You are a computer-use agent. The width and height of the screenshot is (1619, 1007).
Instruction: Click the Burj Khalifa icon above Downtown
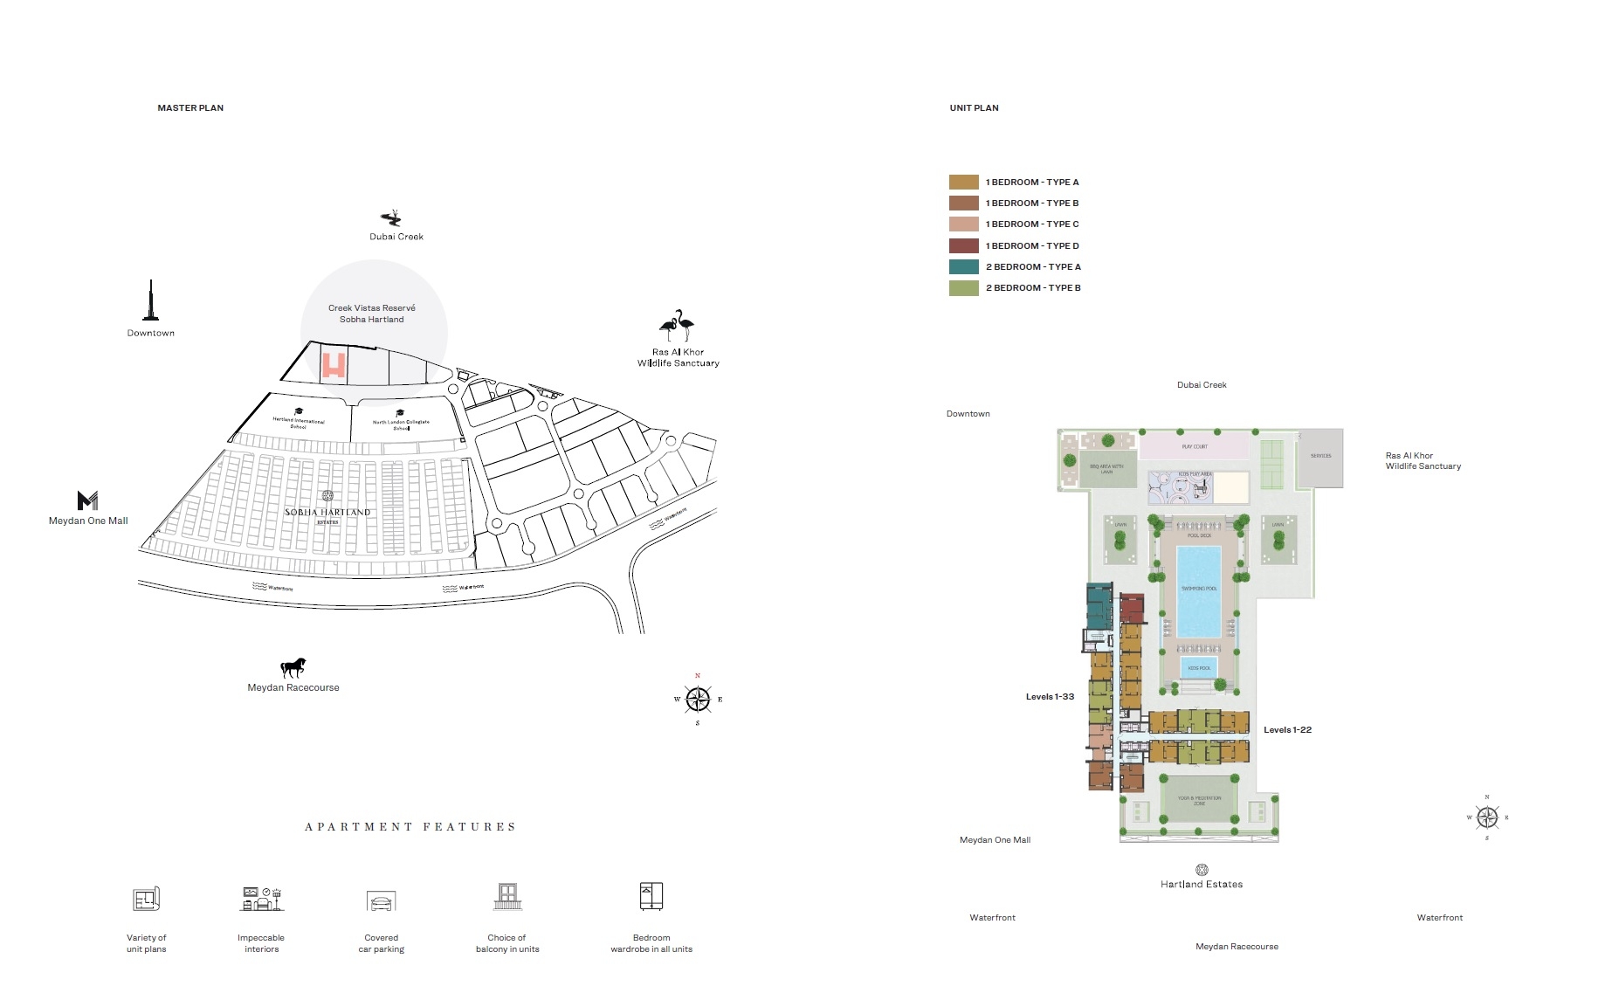tap(151, 301)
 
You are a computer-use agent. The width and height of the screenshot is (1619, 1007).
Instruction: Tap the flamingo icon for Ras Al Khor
tap(677, 326)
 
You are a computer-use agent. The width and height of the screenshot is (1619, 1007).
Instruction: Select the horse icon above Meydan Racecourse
tap(293, 668)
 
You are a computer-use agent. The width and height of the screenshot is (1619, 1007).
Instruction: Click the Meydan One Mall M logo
tap(87, 500)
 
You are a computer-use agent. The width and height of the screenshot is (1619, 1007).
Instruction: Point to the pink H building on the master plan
tap(334, 365)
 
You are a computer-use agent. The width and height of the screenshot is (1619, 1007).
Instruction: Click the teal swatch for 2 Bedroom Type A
tap(963, 267)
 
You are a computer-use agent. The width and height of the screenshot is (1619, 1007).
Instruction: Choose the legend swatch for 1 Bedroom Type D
tap(963, 246)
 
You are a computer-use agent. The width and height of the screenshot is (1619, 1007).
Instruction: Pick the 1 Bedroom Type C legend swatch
tap(963, 224)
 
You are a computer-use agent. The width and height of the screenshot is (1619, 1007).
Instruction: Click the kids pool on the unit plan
tap(1199, 668)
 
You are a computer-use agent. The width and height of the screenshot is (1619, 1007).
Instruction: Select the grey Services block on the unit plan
tap(1320, 457)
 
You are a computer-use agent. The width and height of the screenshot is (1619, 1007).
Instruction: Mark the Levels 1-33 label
tap(1050, 697)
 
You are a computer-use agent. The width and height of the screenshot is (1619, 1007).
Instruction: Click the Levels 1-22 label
tap(1287, 730)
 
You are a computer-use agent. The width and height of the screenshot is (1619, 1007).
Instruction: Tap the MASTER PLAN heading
tap(190, 108)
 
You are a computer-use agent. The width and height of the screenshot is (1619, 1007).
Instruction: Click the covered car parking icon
tap(382, 901)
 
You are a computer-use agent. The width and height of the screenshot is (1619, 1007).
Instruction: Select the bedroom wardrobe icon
tap(651, 896)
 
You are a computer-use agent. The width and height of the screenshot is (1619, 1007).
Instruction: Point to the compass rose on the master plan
tap(698, 700)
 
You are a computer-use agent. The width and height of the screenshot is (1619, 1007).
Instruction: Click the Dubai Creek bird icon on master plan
tap(391, 217)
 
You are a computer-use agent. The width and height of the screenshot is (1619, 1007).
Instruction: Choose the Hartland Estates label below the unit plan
tap(1202, 885)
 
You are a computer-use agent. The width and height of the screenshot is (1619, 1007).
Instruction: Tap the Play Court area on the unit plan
tap(1194, 446)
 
